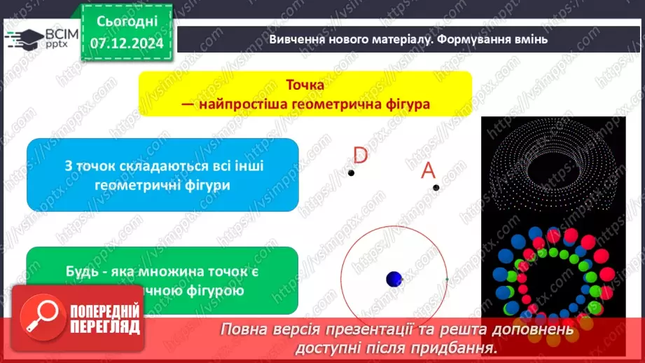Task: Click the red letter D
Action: pos(360,154)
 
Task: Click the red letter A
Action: pos(428,171)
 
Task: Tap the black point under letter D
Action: pos(352,173)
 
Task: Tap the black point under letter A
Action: pos(436,187)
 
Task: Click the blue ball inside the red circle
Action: pos(394,279)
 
